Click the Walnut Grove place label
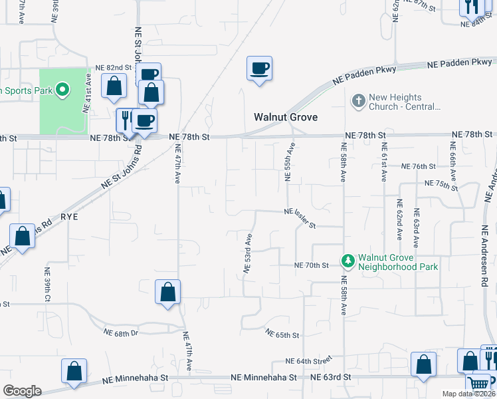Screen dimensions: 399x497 click(286, 117)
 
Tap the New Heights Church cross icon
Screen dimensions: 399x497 click(358, 102)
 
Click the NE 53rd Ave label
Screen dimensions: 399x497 click(248, 253)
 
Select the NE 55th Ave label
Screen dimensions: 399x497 click(290, 162)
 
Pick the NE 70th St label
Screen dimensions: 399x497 click(312, 265)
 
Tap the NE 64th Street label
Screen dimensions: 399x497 click(308, 361)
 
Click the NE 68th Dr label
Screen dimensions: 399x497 click(121, 332)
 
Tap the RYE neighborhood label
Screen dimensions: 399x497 click(70, 216)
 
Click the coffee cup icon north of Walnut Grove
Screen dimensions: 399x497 click(259, 68)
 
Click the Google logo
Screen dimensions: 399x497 click(22, 391)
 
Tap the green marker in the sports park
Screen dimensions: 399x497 click(62, 89)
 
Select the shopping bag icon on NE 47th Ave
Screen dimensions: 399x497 click(167, 291)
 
